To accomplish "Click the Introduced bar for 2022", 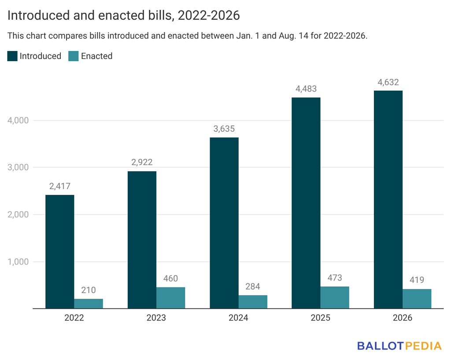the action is [x=60, y=252].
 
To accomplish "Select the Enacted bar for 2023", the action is [x=170, y=298].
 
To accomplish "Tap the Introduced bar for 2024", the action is [x=224, y=223].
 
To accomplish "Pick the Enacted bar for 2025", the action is [x=335, y=298].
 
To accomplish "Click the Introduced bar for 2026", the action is [x=388, y=199].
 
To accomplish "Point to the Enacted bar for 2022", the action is [x=89, y=304].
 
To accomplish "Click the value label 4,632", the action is [x=388, y=82].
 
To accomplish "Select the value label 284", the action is [x=253, y=287].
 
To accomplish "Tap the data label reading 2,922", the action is [x=142, y=162].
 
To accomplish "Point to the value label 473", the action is [x=335, y=278].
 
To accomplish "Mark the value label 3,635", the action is [x=224, y=129].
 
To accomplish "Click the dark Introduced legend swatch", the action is [x=12, y=56].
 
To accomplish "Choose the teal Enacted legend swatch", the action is [x=74, y=56].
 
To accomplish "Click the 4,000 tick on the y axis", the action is [x=18, y=121].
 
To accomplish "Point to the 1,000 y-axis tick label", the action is [x=18, y=262].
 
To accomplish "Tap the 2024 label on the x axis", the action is [x=238, y=318].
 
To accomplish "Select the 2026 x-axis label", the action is [x=403, y=318].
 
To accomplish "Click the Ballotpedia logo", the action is [x=399, y=345].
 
